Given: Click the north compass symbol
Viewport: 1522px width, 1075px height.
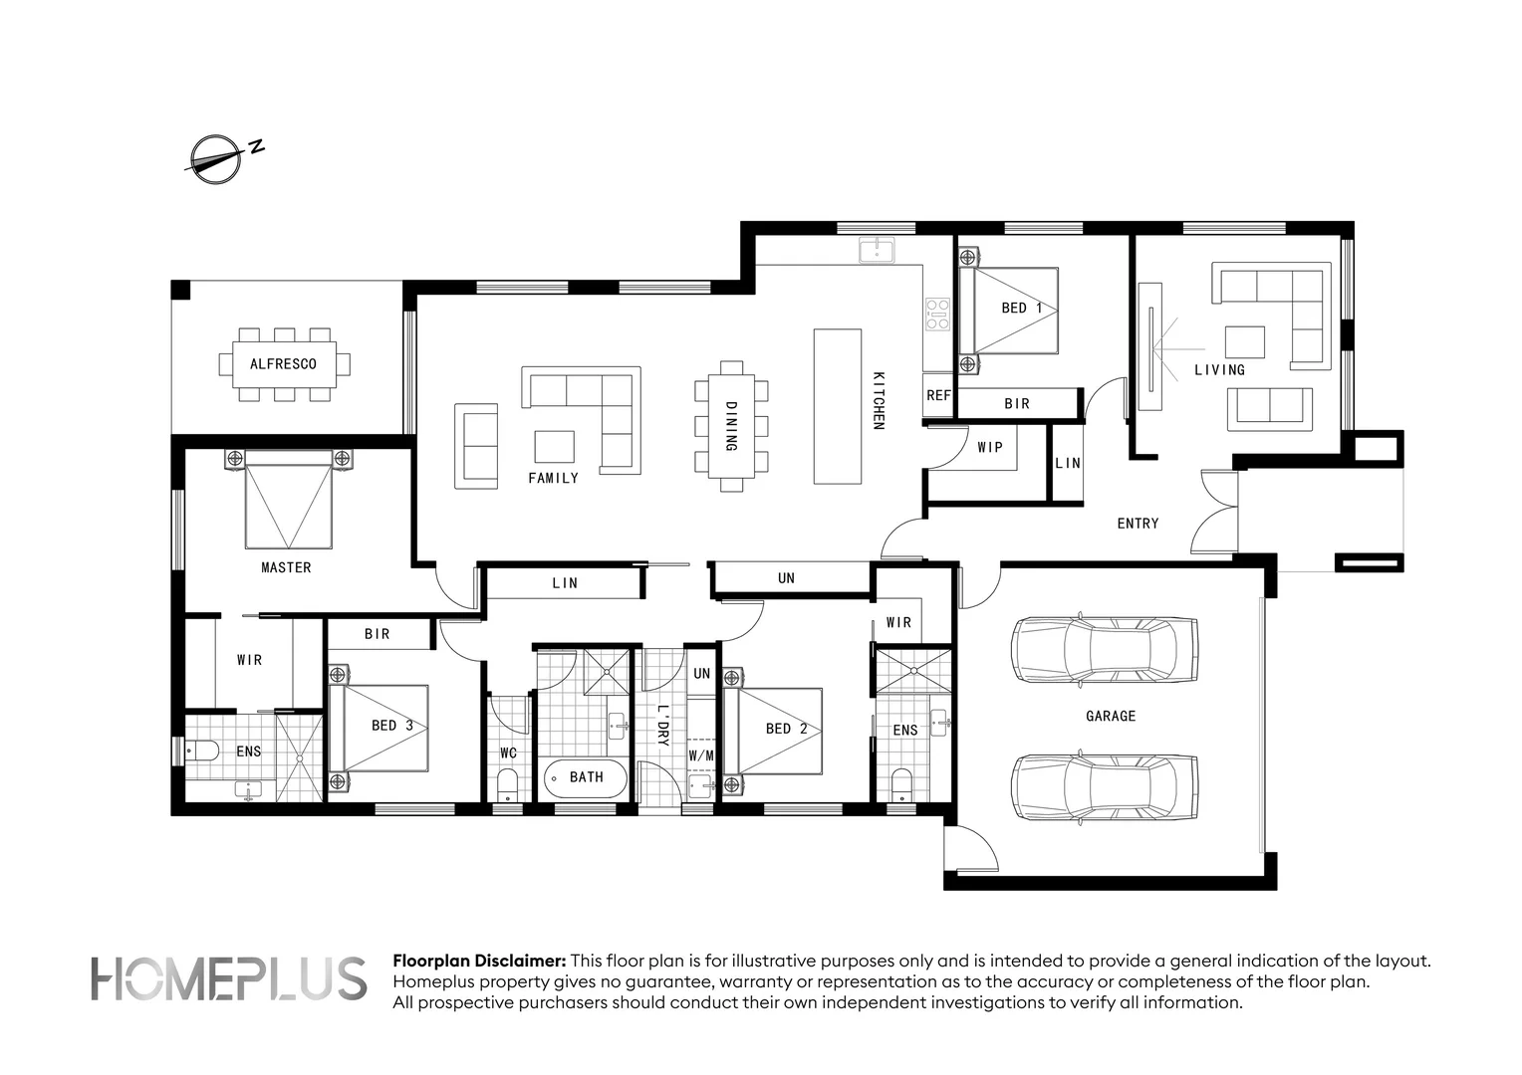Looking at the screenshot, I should pyautogui.click(x=215, y=158).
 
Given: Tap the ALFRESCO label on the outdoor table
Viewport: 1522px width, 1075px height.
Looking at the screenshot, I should pyautogui.click(x=283, y=364).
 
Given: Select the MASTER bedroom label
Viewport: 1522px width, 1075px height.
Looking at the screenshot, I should pyautogui.click(x=286, y=567).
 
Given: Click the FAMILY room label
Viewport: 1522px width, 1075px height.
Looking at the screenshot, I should pyautogui.click(x=553, y=478).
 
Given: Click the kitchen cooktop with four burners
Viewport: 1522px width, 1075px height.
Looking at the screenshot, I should pyautogui.click(x=937, y=314).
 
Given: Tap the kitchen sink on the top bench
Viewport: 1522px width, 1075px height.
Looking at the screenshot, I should pyautogui.click(x=878, y=249).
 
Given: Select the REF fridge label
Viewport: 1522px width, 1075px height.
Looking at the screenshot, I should pyautogui.click(x=938, y=395).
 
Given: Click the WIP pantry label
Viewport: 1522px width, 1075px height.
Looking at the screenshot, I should pyautogui.click(x=990, y=447).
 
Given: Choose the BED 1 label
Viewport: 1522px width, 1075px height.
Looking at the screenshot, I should pyautogui.click(x=1022, y=308).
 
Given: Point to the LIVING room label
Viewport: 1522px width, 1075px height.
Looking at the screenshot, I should pyautogui.click(x=1219, y=369).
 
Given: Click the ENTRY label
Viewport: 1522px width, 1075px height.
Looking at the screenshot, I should pyautogui.click(x=1138, y=523).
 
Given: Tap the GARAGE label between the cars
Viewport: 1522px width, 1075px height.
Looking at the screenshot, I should pyautogui.click(x=1110, y=716).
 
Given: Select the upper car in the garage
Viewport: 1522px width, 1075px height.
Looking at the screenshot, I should pyautogui.click(x=1104, y=650).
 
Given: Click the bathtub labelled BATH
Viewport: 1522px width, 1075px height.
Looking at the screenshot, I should pyautogui.click(x=586, y=777).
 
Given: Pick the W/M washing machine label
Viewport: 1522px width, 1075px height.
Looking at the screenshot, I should pyautogui.click(x=701, y=755).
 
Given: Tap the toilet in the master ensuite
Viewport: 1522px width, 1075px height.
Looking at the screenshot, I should pyautogui.click(x=202, y=751).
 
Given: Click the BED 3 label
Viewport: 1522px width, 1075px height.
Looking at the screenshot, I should pyautogui.click(x=392, y=726).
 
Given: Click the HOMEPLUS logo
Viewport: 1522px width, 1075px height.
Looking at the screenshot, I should pyautogui.click(x=229, y=979).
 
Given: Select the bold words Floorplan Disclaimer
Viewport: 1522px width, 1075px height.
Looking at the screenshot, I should pyautogui.click(x=480, y=962).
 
